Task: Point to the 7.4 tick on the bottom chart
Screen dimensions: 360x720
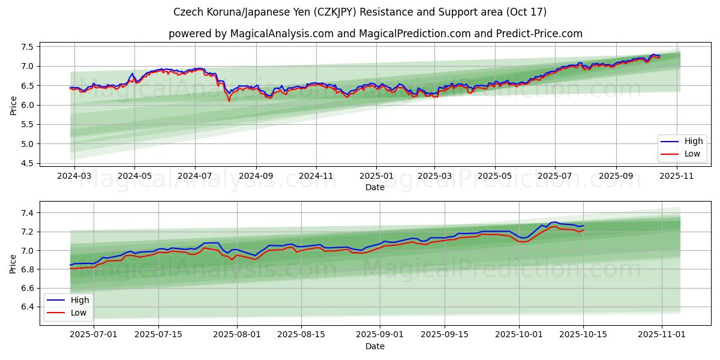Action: (28, 213)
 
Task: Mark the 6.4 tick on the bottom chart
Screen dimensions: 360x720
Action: (28, 307)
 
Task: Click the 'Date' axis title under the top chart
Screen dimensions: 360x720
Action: (375, 187)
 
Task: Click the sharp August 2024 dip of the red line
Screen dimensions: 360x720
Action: (229, 101)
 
